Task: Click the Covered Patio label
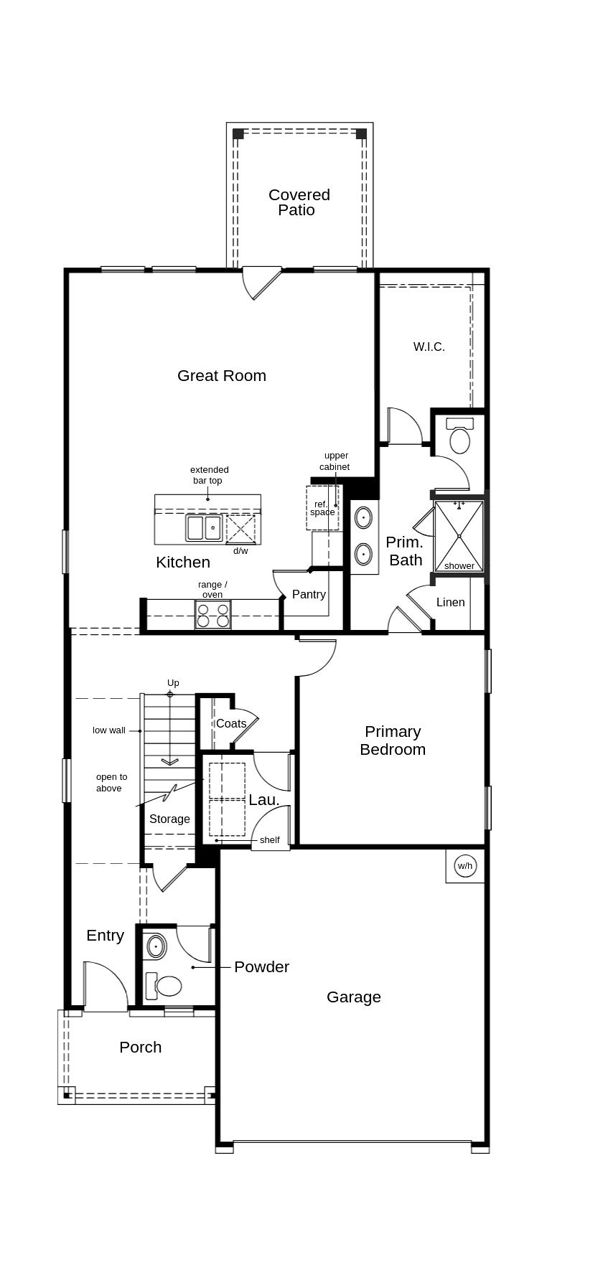pyautogui.click(x=299, y=202)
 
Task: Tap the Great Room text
pyautogui.click(x=221, y=375)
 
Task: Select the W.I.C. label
pyautogui.click(x=429, y=347)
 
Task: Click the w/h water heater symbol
pyautogui.click(x=465, y=866)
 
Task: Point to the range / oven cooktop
pyautogui.click(x=213, y=616)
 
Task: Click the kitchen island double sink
pyautogui.click(x=205, y=527)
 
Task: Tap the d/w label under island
pyautogui.click(x=240, y=551)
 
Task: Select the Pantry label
pyautogui.click(x=309, y=594)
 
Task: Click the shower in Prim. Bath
pyautogui.click(x=459, y=535)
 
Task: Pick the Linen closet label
pyautogui.click(x=450, y=602)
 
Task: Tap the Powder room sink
pyautogui.click(x=156, y=946)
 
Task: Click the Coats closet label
pyautogui.click(x=231, y=723)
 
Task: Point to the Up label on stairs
pyautogui.click(x=173, y=683)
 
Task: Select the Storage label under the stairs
pyautogui.click(x=169, y=819)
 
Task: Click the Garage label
pyautogui.click(x=353, y=997)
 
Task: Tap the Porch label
pyautogui.click(x=140, y=1047)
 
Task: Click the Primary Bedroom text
pyautogui.click(x=393, y=740)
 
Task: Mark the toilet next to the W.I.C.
pyautogui.click(x=459, y=437)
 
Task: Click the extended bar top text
pyautogui.click(x=209, y=475)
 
